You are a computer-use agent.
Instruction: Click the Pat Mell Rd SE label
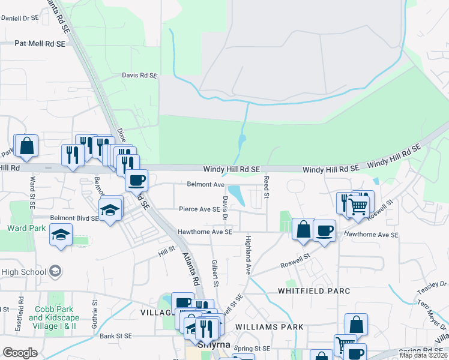coord(40,44)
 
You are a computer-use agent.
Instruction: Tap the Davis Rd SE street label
coord(139,76)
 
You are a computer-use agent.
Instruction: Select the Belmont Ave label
coord(205,184)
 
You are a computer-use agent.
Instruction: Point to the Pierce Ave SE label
coord(199,209)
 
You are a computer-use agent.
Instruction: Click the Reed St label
coord(266,187)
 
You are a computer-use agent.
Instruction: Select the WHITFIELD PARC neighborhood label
coord(313,291)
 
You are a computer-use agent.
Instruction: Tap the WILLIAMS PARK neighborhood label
coord(270,327)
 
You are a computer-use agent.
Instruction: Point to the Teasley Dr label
coord(432,287)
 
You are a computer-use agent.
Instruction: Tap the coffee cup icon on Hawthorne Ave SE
coord(324,231)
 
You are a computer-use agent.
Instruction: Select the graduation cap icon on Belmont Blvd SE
coord(110,210)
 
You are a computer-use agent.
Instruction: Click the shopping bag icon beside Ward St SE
coord(26,146)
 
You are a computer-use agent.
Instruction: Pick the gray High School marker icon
coord(55,271)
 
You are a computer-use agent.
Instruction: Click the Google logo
coord(20,353)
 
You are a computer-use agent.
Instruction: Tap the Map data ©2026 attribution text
coord(424,355)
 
